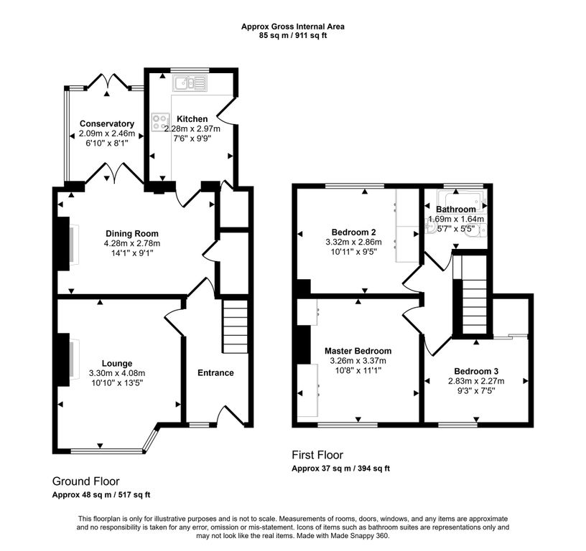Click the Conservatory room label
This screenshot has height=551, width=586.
(106, 123)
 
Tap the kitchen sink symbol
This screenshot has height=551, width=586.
(190, 83)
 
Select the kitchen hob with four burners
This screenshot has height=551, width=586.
(159, 123)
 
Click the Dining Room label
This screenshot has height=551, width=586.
(131, 233)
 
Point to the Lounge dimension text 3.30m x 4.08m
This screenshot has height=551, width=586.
(117, 373)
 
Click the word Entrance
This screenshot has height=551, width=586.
(215, 372)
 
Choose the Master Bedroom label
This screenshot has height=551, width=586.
(357, 350)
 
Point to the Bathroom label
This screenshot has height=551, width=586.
(456, 209)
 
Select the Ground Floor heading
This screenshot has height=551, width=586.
(85, 481)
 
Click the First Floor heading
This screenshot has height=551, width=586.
(317, 455)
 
